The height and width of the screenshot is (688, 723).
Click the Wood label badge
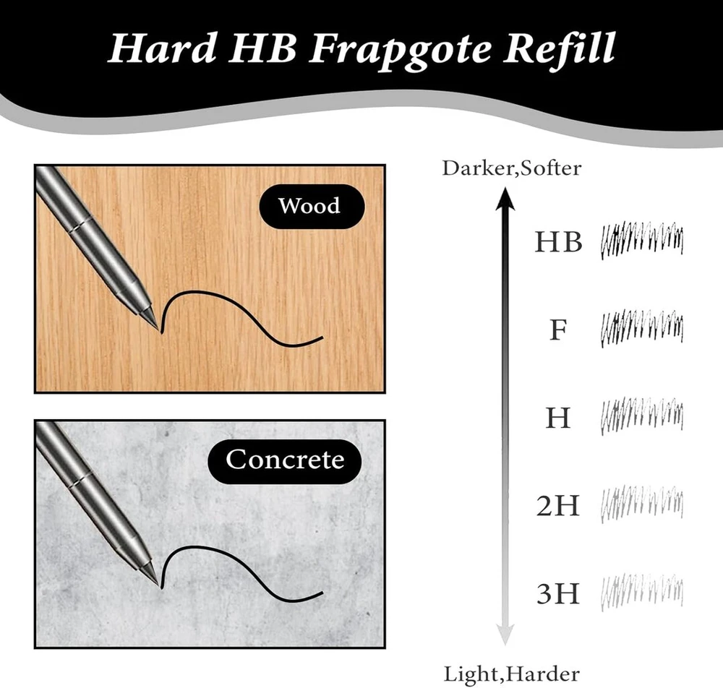(312, 206)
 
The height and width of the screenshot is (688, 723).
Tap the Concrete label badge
(285, 460)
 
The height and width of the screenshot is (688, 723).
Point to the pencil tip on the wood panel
(161, 331)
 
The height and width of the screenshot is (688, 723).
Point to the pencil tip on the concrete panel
(161, 587)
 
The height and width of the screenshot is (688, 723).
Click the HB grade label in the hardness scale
(558, 241)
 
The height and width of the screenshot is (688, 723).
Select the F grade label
(558, 330)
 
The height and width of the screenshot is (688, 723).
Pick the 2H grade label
(557, 505)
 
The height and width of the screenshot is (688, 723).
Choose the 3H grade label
(557, 593)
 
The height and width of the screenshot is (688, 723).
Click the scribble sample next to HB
(642, 241)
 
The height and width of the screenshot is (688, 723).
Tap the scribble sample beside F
(642, 329)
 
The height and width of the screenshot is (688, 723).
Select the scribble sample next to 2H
(642, 504)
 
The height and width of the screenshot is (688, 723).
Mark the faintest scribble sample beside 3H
(642, 592)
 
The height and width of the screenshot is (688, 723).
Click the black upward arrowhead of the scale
(505, 198)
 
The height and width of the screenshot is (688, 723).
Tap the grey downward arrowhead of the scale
(505, 635)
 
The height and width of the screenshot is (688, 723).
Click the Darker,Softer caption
(511, 168)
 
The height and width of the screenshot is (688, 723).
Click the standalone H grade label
(558, 418)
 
